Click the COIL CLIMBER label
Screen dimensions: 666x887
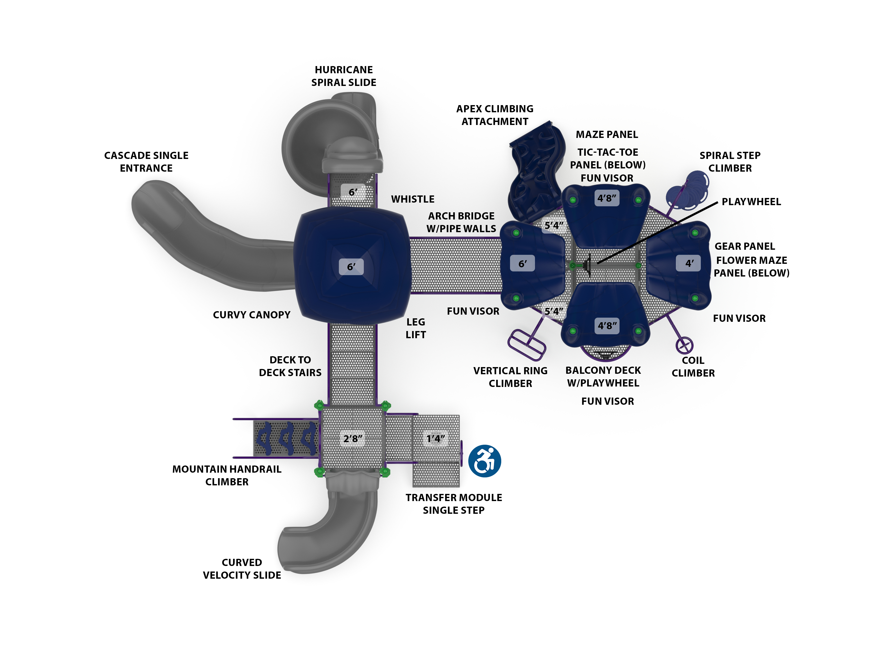pos(693,366)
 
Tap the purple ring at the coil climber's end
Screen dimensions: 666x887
pos(684,345)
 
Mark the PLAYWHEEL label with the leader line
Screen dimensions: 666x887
pos(751,202)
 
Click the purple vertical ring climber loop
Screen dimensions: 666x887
pos(526,345)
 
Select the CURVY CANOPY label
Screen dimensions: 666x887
pos(251,315)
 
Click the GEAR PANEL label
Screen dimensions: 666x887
pos(745,246)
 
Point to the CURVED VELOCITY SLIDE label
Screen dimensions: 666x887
pos(242,569)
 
